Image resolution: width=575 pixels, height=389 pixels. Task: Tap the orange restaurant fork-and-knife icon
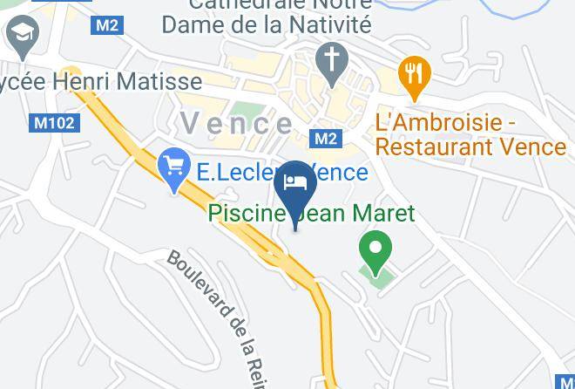pyautogui.click(x=415, y=76)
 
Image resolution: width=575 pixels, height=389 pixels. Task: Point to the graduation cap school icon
pyautogui.click(x=20, y=35)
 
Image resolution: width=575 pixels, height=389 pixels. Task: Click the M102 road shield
pyautogui.click(x=54, y=123)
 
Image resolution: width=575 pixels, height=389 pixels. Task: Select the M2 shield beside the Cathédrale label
pyautogui.click(x=107, y=25)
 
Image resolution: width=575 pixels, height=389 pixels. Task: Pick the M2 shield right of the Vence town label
pyautogui.click(x=325, y=139)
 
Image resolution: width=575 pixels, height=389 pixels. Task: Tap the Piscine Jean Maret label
pyautogui.click(x=310, y=214)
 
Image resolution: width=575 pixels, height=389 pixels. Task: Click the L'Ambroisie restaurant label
pyautogui.click(x=470, y=133)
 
